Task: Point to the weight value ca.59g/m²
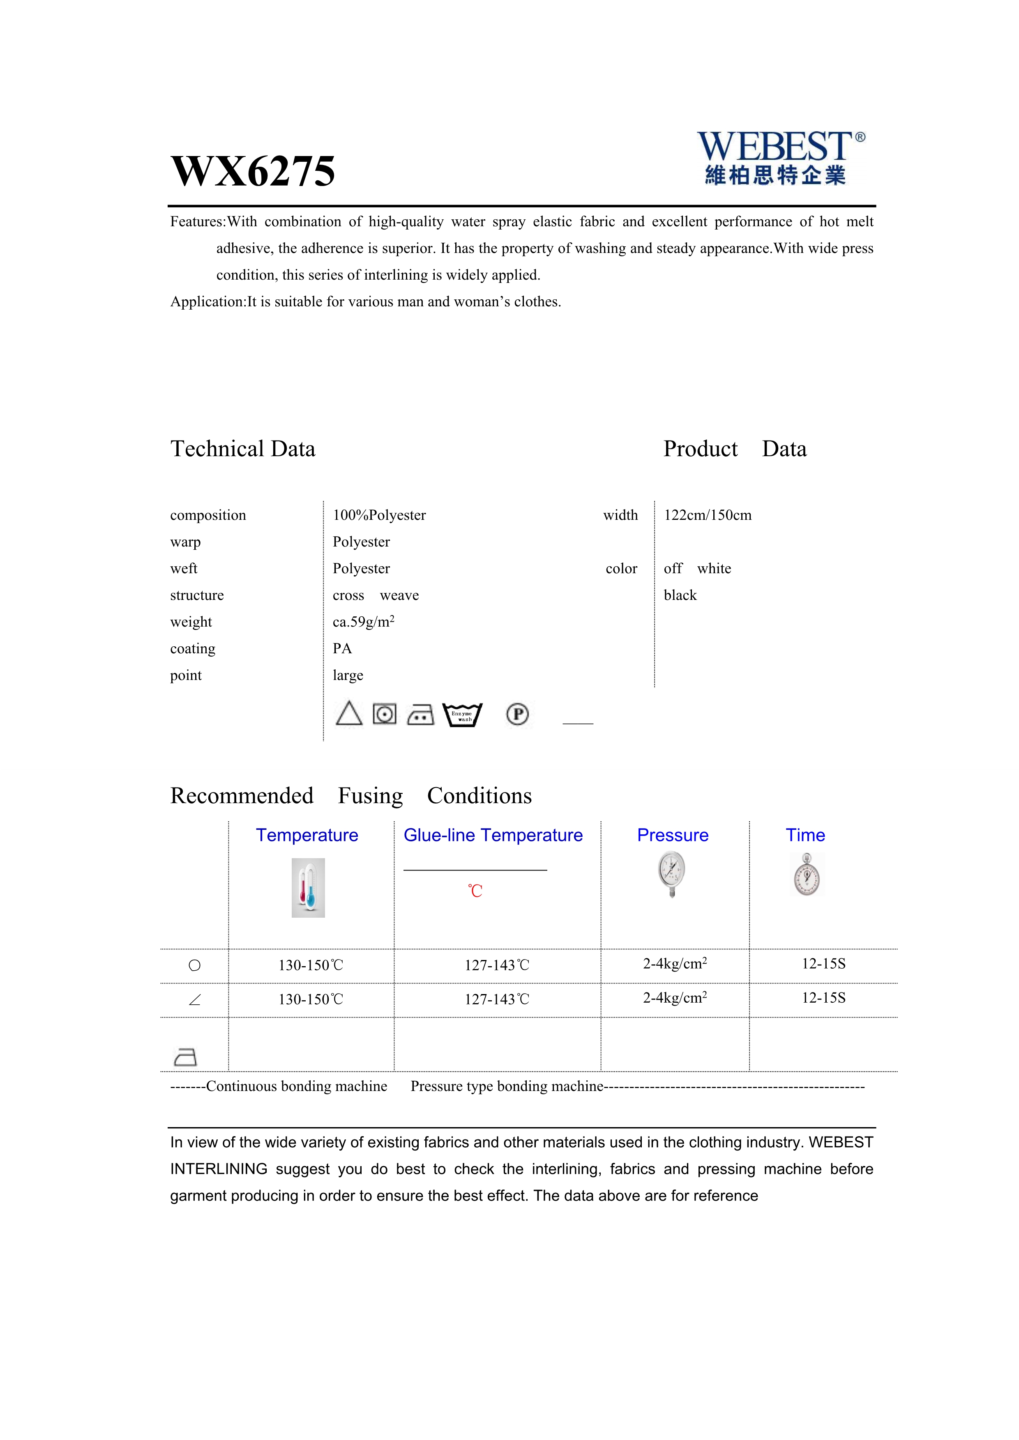(x=363, y=622)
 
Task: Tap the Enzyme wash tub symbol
(x=462, y=715)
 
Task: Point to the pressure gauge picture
(x=672, y=874)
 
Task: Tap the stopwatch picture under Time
(x=807, y=875)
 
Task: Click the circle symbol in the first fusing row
(x=194, y=965)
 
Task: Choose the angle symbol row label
(x=194, y=1000)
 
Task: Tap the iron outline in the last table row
(x=186, y=1057)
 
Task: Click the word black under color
(x=680, y=595)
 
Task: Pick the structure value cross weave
(x=375, y=595)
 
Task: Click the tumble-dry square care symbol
(x=385, y=714)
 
